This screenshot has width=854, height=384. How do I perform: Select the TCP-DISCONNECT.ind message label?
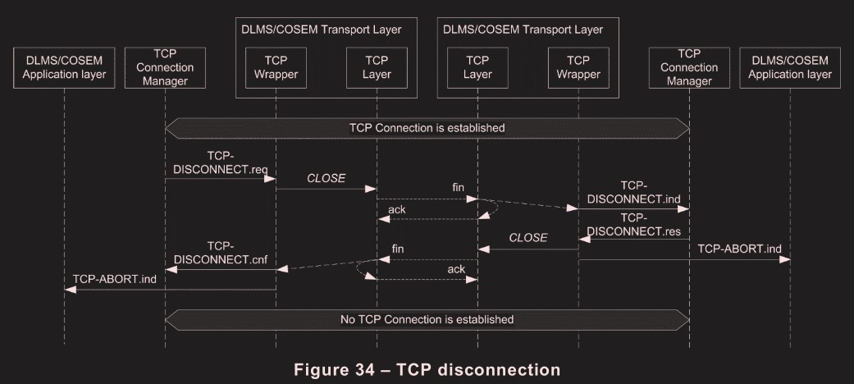[x=633, y=193]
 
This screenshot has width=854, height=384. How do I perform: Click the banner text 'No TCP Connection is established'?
[x=427, y=318]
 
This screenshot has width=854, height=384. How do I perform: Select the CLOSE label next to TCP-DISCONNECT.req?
[x=326, y=178]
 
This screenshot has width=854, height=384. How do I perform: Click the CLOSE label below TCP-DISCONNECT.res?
[x=528, y=238]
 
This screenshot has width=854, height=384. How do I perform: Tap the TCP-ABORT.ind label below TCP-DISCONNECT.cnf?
[x=114, y=279]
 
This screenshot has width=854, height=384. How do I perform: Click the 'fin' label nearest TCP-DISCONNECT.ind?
[x=458, y=188]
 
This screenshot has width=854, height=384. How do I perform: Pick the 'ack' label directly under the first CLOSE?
[x=396, y=209]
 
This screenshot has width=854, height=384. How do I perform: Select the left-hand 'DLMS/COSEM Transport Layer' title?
[x=321, y=30]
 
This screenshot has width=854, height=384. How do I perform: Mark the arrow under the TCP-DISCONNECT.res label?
[x=633, y=239]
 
